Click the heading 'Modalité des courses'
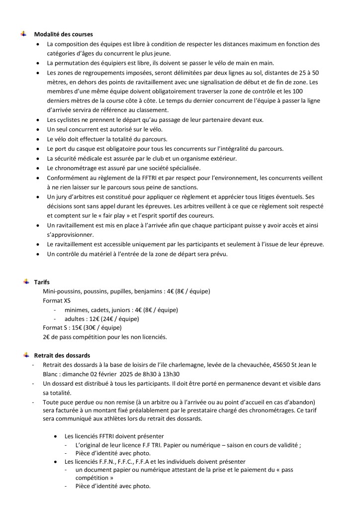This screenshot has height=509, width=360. [x=63, y=34]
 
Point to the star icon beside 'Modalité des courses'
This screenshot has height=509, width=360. [x=23, y=34]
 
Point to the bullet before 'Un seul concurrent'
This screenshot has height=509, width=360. [x=40, y=130]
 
